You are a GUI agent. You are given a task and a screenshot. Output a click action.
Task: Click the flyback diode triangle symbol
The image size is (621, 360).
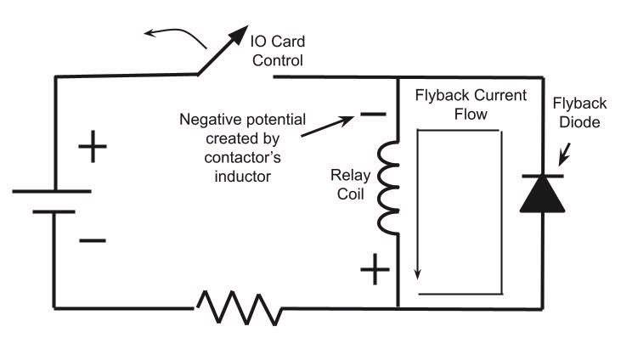[543, 194]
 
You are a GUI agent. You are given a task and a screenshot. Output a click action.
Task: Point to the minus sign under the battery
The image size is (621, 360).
[93, 240]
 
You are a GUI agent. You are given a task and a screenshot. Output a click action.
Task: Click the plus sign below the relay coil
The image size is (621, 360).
[375, 272]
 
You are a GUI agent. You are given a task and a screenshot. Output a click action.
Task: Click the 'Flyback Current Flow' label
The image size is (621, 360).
[471, 104]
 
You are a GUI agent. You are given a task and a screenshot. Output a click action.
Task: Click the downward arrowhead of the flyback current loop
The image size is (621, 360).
[417, 273]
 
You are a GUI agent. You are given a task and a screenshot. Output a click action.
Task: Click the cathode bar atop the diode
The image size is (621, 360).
[543, 176]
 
